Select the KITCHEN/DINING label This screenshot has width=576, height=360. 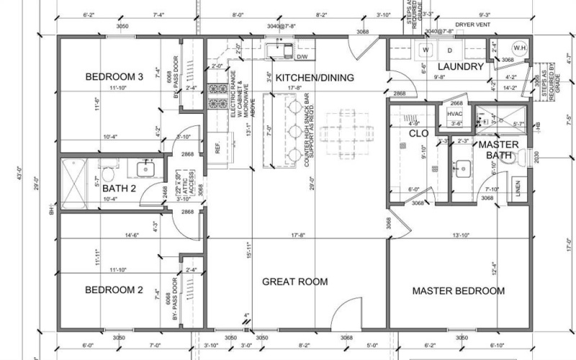point(315,78)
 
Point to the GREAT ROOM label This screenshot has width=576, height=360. point(294,282)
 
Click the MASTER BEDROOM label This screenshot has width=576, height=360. point(458,291)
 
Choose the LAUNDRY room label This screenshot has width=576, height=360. point(459,66)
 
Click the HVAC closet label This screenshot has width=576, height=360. point(455,114)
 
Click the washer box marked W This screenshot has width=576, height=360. point(425,50)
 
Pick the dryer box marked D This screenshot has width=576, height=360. point(450,50)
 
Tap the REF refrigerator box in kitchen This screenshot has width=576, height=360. point(217,148)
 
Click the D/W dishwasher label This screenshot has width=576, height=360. point(302,56)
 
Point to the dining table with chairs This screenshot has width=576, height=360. point(343,133)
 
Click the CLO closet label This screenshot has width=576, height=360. point(419,133)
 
